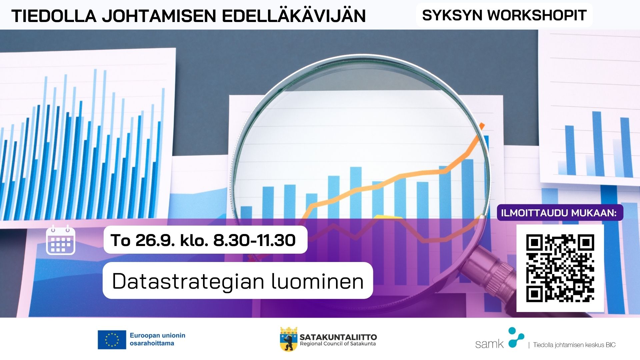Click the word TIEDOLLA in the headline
54,16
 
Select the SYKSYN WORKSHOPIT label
504,15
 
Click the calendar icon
61,240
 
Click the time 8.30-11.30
254,240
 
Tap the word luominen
318,281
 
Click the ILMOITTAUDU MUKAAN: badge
560,213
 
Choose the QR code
560,268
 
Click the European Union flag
112,340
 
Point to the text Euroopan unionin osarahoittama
157,339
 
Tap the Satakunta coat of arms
288,339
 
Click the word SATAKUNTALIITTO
338,337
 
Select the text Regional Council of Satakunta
338,344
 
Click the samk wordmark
489,344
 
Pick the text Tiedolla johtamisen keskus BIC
574,345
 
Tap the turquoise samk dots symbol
515,338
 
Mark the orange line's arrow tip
482,125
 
